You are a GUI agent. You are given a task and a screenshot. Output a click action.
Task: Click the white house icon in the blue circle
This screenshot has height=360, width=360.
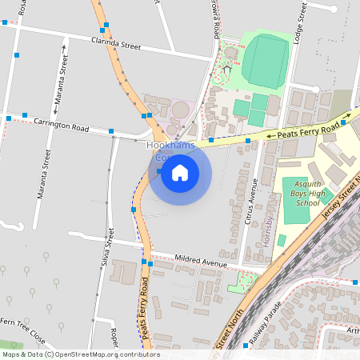(180, 173)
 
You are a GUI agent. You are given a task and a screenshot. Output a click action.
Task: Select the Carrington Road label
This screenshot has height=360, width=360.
(62, 123)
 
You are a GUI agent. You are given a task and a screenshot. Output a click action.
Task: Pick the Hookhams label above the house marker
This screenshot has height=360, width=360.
(172, 146)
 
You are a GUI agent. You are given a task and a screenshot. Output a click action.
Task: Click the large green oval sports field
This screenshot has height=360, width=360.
(265, 60)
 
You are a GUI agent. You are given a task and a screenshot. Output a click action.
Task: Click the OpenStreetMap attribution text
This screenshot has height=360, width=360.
(80, 354)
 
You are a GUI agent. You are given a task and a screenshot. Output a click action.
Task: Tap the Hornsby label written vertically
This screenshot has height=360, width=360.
(270, 233)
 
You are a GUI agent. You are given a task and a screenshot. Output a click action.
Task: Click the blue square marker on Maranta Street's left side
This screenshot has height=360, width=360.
(17, 54)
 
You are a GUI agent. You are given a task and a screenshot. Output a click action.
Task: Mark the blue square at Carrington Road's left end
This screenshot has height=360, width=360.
(9, 118)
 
